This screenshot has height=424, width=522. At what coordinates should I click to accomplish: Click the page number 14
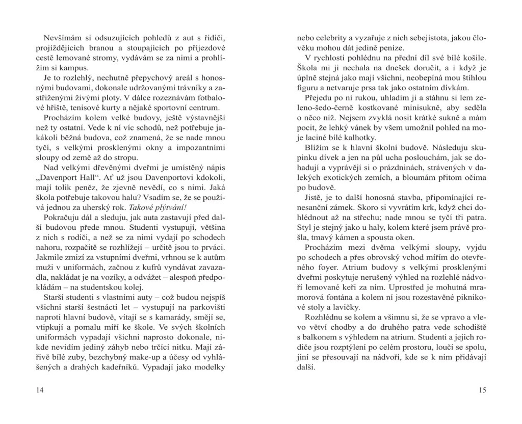[40, 390]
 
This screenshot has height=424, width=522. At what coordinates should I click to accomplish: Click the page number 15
[483, 390]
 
